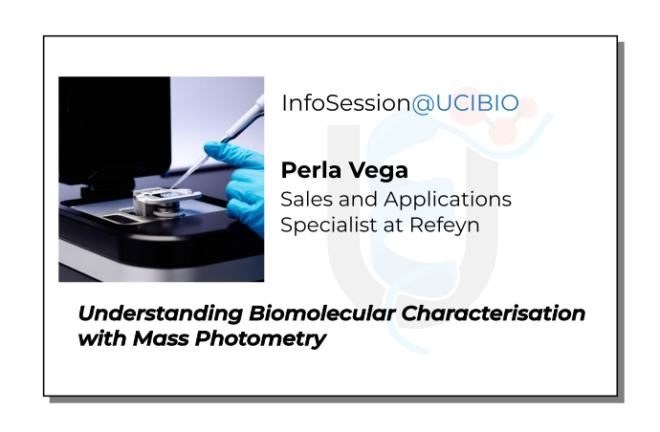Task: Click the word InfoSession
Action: (x=345, y=104)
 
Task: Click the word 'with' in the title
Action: (x=97, y=338)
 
